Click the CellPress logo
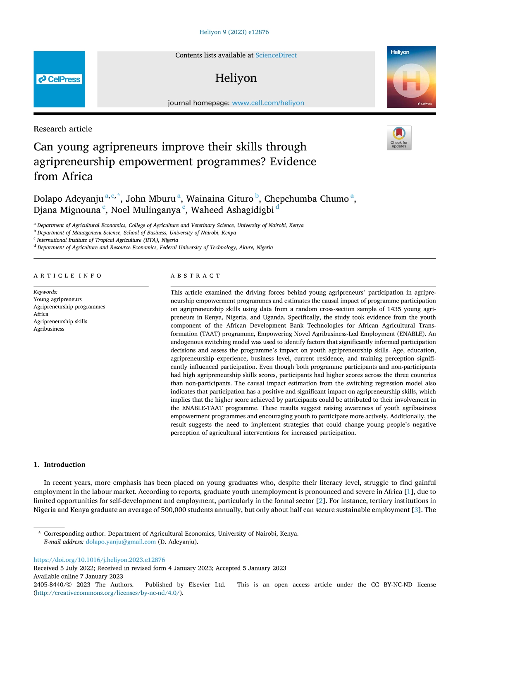pos(59,79)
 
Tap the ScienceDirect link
pos(276,55)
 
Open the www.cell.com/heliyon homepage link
pos(268,103)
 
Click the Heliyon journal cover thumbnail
pos(411,77)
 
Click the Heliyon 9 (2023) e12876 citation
pos(234,32)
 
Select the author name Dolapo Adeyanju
pos(68,199)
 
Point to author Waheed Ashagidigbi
pos(232,210)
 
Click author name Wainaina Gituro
pos(219,199)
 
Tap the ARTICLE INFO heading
pos(67,276)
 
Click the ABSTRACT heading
pos(195,276)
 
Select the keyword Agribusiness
pos(49,329)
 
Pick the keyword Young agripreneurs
pos(57,299)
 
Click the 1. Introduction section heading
pos(60,465)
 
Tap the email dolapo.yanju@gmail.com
pos(121,542)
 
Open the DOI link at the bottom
pos(99,560)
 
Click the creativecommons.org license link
pos(107,593)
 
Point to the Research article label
pos(63,129)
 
